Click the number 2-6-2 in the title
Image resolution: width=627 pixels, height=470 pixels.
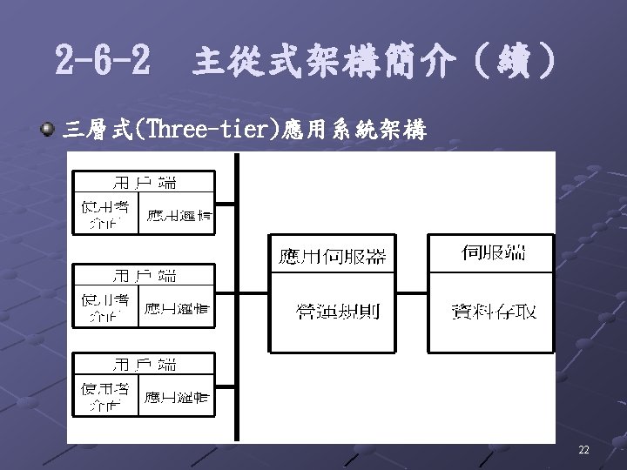[100, 61]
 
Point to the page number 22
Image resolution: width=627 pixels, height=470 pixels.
[583, 450]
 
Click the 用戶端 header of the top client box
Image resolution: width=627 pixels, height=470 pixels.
[145, 182]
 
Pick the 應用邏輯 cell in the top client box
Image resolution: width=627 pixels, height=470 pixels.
[177, 214]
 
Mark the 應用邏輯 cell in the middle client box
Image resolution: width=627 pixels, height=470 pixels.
[177, 307]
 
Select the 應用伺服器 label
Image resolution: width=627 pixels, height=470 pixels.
[332, 255]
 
